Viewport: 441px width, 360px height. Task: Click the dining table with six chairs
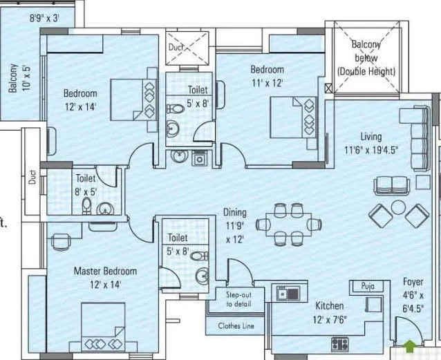tap(290, 223)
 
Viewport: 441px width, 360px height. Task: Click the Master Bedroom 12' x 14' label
tap(105, 278)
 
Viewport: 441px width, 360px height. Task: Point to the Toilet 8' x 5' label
tap(86, 184)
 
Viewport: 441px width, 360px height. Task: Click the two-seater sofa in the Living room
tap(389, 185)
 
